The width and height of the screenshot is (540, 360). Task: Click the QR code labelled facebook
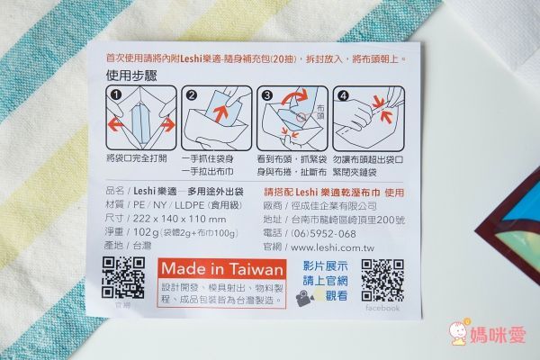click(382, 279)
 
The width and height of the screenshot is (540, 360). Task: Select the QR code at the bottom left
click(125, 276)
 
